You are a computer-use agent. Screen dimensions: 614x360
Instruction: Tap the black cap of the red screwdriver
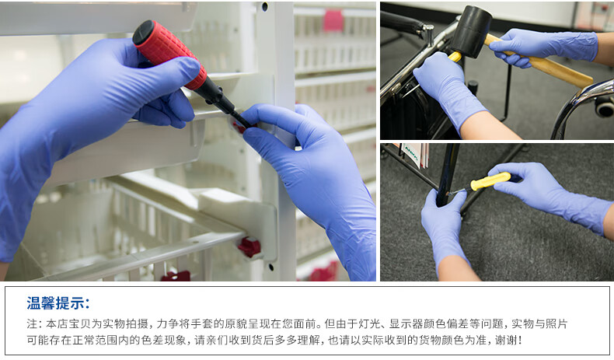(x=142, y=31)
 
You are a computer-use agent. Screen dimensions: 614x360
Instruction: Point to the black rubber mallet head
(x=471, y=31)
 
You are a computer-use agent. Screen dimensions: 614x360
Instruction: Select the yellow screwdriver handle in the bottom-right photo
(x=490, y=181)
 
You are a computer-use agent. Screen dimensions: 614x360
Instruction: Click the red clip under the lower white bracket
(x=249, y=247)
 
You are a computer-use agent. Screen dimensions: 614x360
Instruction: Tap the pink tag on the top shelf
(x=333, y=20)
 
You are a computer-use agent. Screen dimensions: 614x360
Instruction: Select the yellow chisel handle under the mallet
(x=455, y=57)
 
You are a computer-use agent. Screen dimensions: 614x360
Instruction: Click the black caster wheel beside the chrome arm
(x=604, y=107)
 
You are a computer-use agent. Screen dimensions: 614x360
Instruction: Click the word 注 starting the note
(x=32, y=324)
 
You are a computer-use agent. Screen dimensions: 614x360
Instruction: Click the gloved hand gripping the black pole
(x=444, y=226)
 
